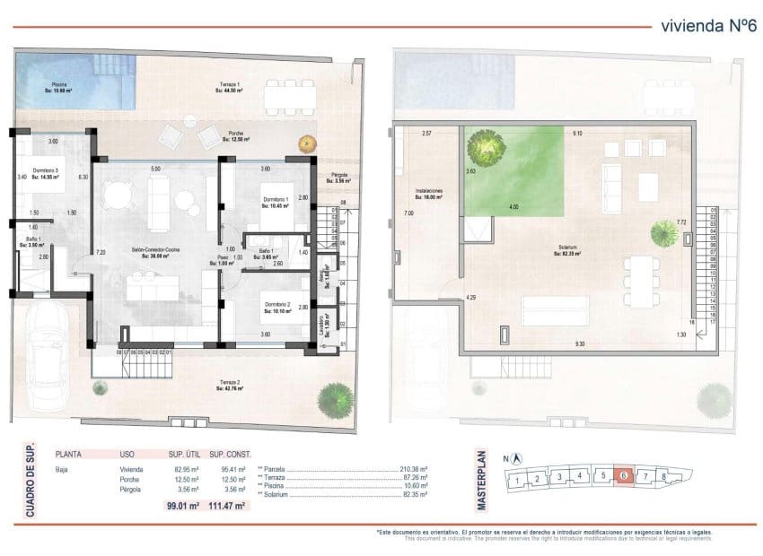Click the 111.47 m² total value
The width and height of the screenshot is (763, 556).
[227, 506]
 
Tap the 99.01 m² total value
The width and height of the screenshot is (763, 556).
[183, 506]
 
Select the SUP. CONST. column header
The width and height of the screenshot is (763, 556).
[228, 455]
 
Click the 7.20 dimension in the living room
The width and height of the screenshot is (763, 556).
[101, 254]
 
